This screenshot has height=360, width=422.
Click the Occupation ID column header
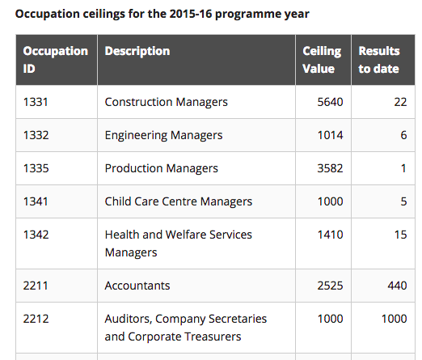56,60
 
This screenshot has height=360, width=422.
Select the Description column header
137,51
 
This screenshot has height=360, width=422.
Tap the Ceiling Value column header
322,60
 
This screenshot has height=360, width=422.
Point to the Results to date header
379,60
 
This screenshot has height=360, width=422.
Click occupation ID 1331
36,102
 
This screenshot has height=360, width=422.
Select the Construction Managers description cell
166,102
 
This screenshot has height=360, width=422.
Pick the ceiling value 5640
330,102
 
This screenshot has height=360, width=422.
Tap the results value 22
400,102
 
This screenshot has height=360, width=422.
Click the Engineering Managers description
163,135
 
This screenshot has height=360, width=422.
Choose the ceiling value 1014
330,135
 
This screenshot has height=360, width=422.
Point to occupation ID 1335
36,168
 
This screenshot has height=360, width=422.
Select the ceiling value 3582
330,168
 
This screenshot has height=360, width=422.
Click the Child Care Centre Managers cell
179,201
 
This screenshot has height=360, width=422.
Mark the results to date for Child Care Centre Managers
403,201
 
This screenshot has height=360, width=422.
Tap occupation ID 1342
36,235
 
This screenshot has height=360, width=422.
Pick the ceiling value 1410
330,235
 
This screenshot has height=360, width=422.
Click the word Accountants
137,286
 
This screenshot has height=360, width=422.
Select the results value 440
397,286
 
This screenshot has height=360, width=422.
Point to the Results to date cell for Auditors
394,319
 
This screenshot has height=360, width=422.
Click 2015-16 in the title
191,14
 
